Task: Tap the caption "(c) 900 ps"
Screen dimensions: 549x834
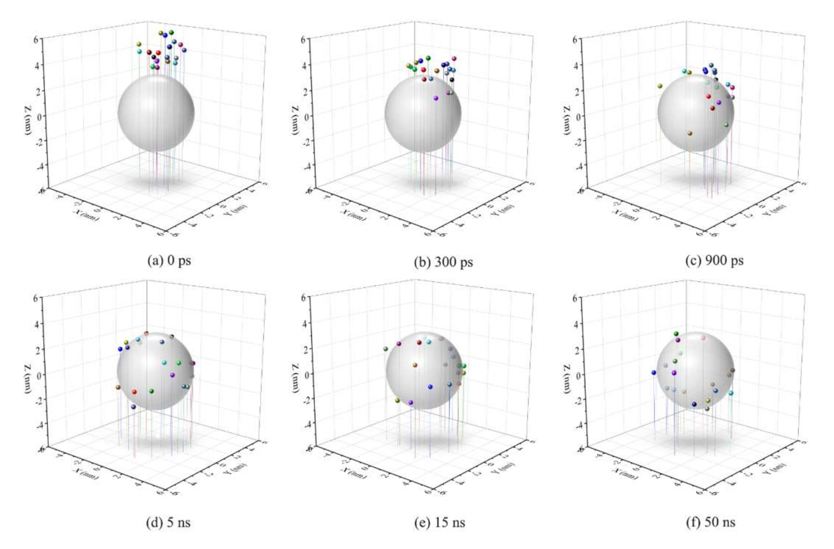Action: pyautogui.click(x=714, y=261)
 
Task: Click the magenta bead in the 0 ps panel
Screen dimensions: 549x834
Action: pyautogui.click(x=180, y=45)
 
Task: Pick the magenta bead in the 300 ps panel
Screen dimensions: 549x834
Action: pyautogui.click(x=454, y=59)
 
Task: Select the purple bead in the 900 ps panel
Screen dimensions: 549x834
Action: pyautogui.click(x=719, y=103)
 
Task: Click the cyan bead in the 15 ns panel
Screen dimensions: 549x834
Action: pyautogui.click(x=429, y=342)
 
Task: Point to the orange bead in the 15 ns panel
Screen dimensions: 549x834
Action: pyautogui.click(x=415, y=365)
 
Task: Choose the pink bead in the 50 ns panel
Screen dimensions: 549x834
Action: pyautogui.click(x=703, y=338)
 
